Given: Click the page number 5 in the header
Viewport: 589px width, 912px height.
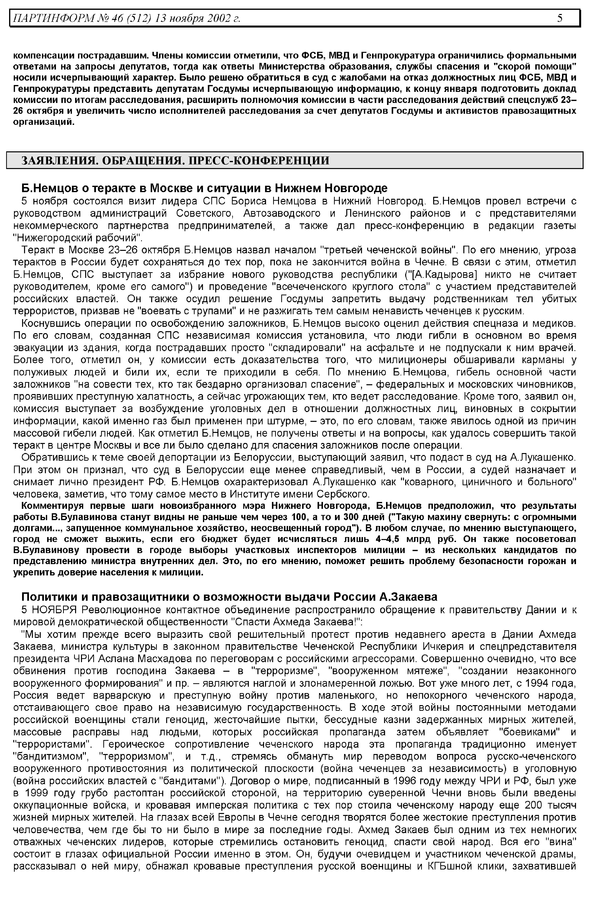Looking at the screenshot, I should point(560,18).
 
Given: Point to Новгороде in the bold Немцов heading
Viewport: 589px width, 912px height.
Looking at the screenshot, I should point(356,188).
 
